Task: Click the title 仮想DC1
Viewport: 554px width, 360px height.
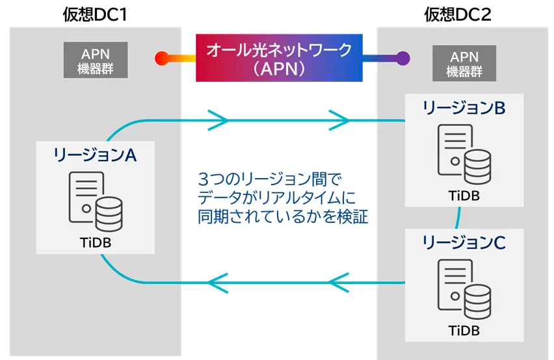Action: [x=95, y=12]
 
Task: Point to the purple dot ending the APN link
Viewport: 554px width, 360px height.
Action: [x=402, y=58]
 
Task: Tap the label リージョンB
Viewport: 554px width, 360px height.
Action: [x=464, y=108]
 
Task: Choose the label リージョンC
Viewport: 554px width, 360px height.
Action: [x=464, y=243]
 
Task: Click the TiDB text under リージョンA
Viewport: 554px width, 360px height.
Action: [x=96, y=242]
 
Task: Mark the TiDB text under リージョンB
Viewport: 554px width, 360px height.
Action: [x=464, y=195]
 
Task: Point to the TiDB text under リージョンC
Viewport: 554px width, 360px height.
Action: [x=464, y=330]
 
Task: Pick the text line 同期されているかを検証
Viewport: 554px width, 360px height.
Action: [x=283, y=216]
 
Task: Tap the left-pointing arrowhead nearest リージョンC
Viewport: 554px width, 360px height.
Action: [x=339, y=282]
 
